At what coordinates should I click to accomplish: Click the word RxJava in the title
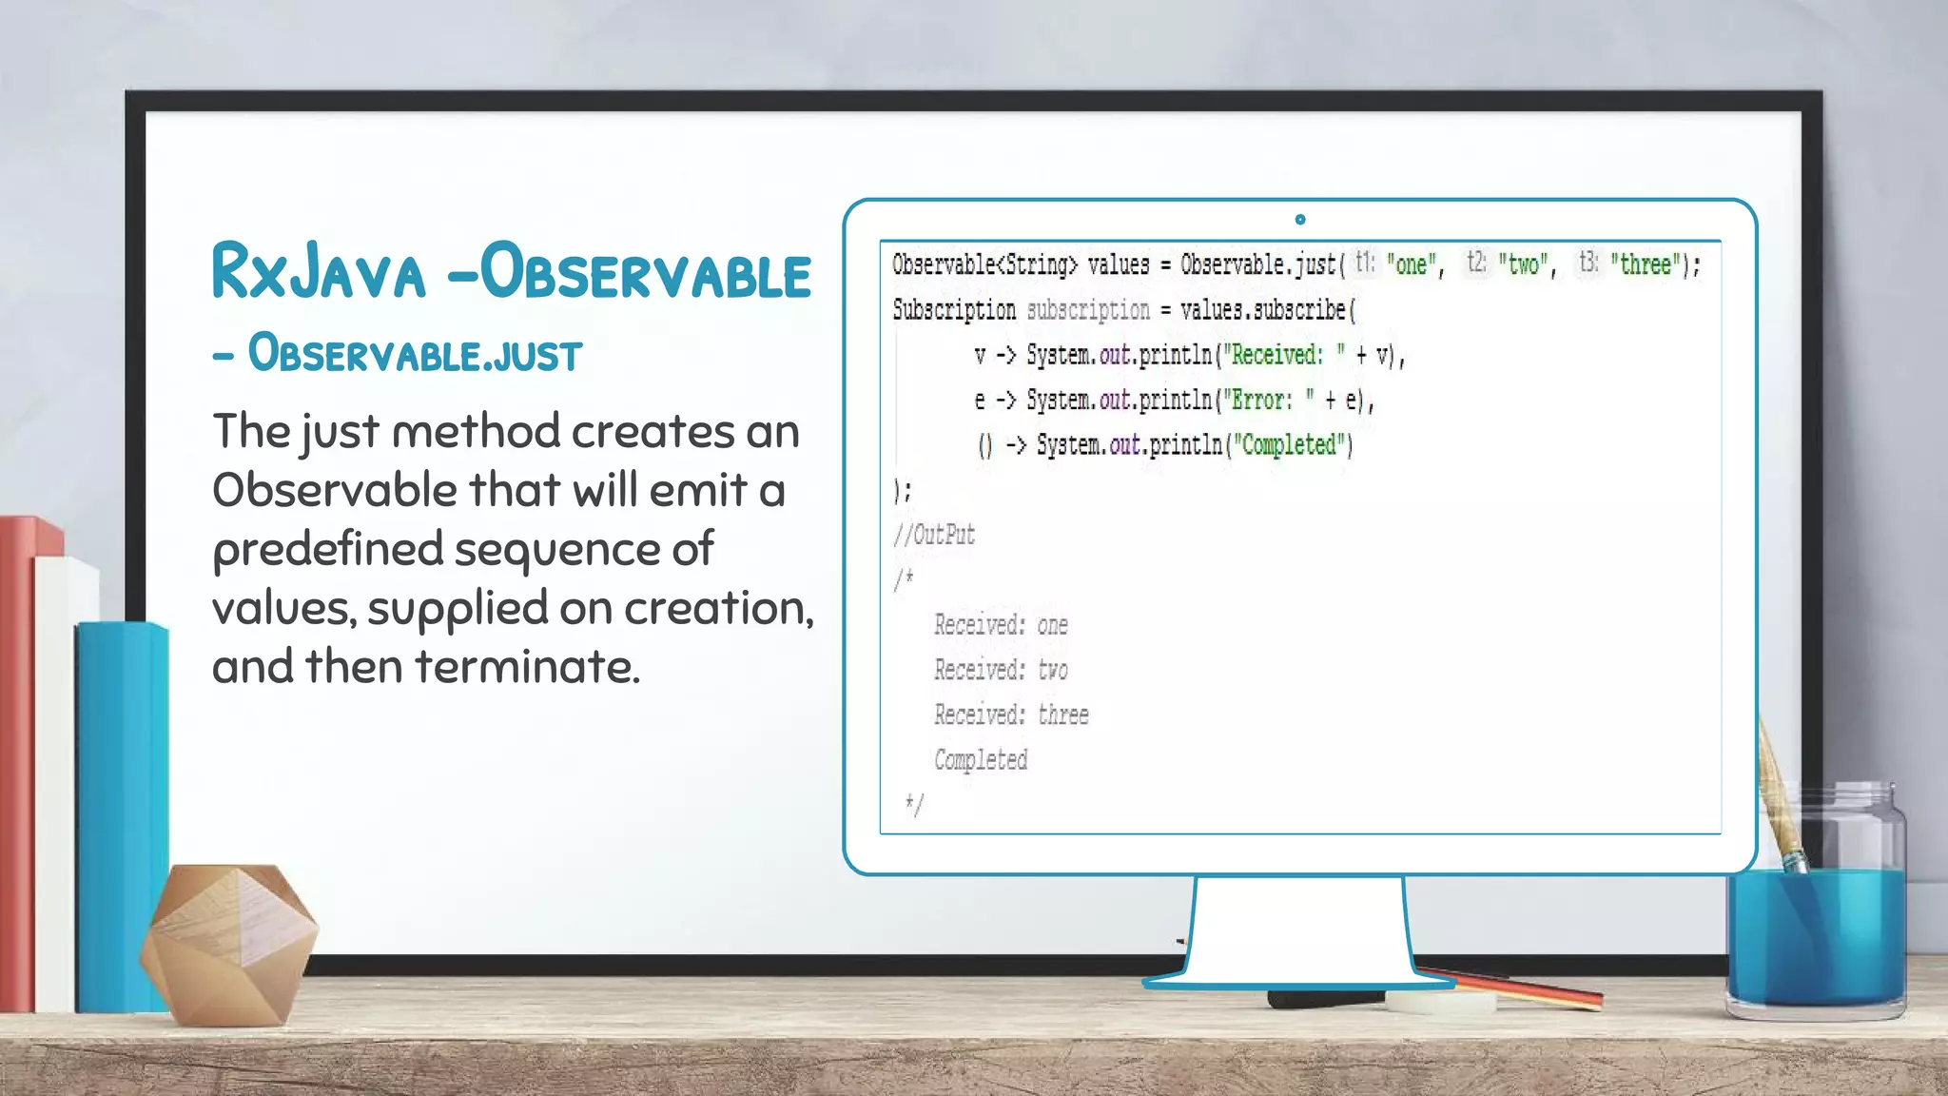click(x=318, y=272)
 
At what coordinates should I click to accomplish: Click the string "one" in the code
click(x=1411, y=264)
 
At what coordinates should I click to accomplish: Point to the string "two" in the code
click(x=1523, y=264)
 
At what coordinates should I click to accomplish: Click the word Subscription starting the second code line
click(x=954, y=310)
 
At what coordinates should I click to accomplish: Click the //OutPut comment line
click(x=934, y=535)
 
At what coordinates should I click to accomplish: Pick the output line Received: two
click(x=1001, y=670)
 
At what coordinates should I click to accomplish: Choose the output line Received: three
click(x=1011, y=714)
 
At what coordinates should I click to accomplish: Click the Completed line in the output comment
click(x=981, y=759)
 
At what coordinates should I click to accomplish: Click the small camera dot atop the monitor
click(x=1300, y=220)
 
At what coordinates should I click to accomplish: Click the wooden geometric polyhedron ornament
click(x=228, y=942)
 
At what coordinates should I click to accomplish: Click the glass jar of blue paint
click(x=1816, y=913)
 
